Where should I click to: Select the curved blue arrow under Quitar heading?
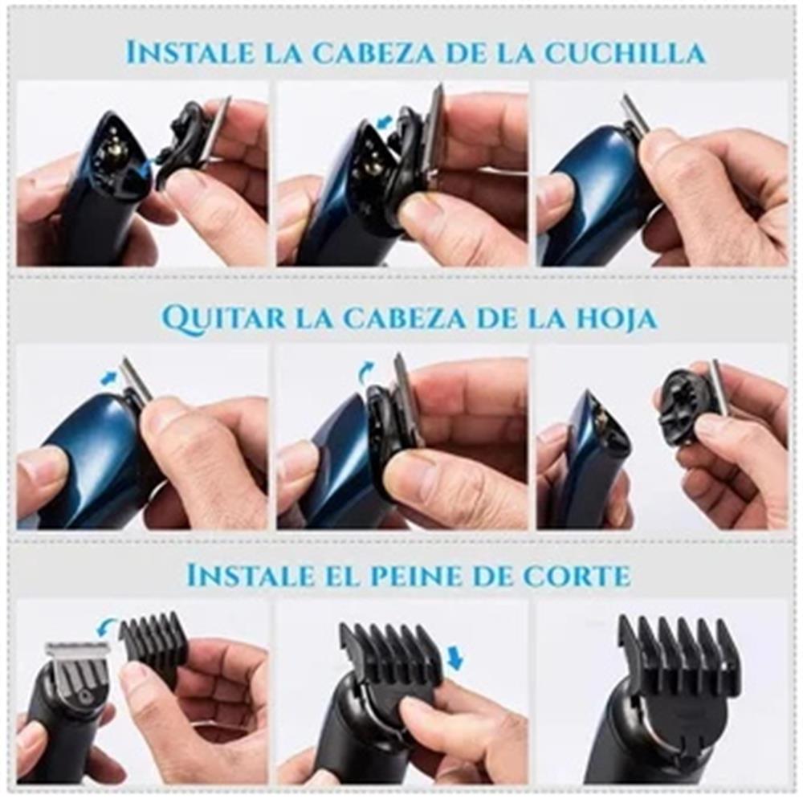(365, 372)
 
